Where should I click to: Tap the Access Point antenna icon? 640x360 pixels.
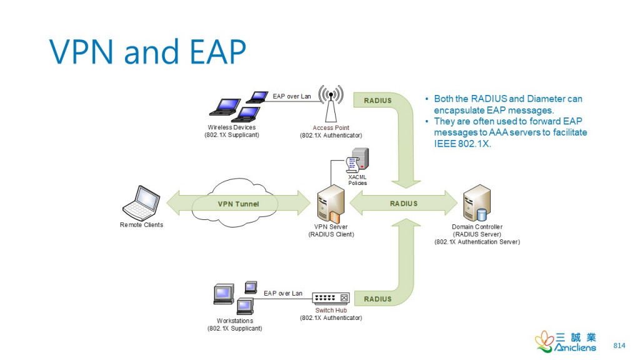point(331,104)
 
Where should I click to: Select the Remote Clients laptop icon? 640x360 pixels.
point(141,201)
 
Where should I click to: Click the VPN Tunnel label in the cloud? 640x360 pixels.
point(238,204)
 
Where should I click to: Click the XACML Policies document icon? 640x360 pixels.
point(357,161)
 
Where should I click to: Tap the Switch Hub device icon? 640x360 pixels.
point(331,299)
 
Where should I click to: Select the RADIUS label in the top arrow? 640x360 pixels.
point(377,101)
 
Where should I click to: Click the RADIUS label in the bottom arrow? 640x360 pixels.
point(377,299)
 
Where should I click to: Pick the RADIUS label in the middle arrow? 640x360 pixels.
point(404,204)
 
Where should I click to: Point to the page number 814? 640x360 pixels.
point(619,346)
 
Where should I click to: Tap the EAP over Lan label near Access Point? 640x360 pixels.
point(292,97)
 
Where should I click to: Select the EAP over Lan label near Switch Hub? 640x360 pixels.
point(282,293)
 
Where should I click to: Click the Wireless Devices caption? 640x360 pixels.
point(231,127)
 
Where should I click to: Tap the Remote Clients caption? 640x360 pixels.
point(141,225)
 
